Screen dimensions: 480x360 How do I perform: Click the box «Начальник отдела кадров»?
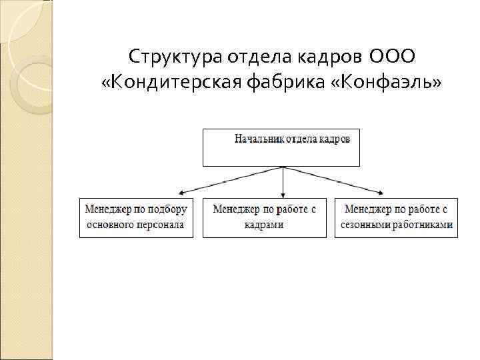click(x=281, y=147)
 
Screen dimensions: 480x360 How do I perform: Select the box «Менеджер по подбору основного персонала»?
click(x=136, y=217)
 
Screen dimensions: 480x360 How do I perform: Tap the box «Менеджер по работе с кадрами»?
click(x=264, y=217)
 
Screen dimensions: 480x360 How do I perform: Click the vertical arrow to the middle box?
click(x=283, y=181)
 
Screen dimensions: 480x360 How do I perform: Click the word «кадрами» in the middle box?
click(x=264, y=225)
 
